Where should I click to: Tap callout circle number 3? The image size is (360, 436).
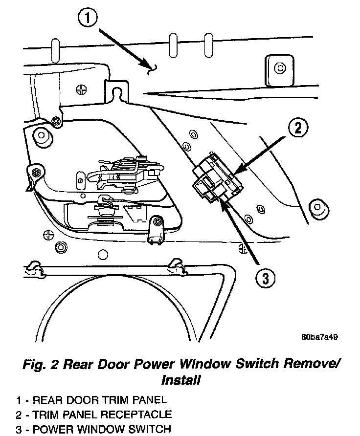[x=265, y=279]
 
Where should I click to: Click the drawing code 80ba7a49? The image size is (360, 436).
[x=320, y=337]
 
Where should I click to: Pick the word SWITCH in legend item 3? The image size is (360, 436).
[x=147, y=430]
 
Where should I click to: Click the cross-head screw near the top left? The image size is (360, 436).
[x=82, y=89]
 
